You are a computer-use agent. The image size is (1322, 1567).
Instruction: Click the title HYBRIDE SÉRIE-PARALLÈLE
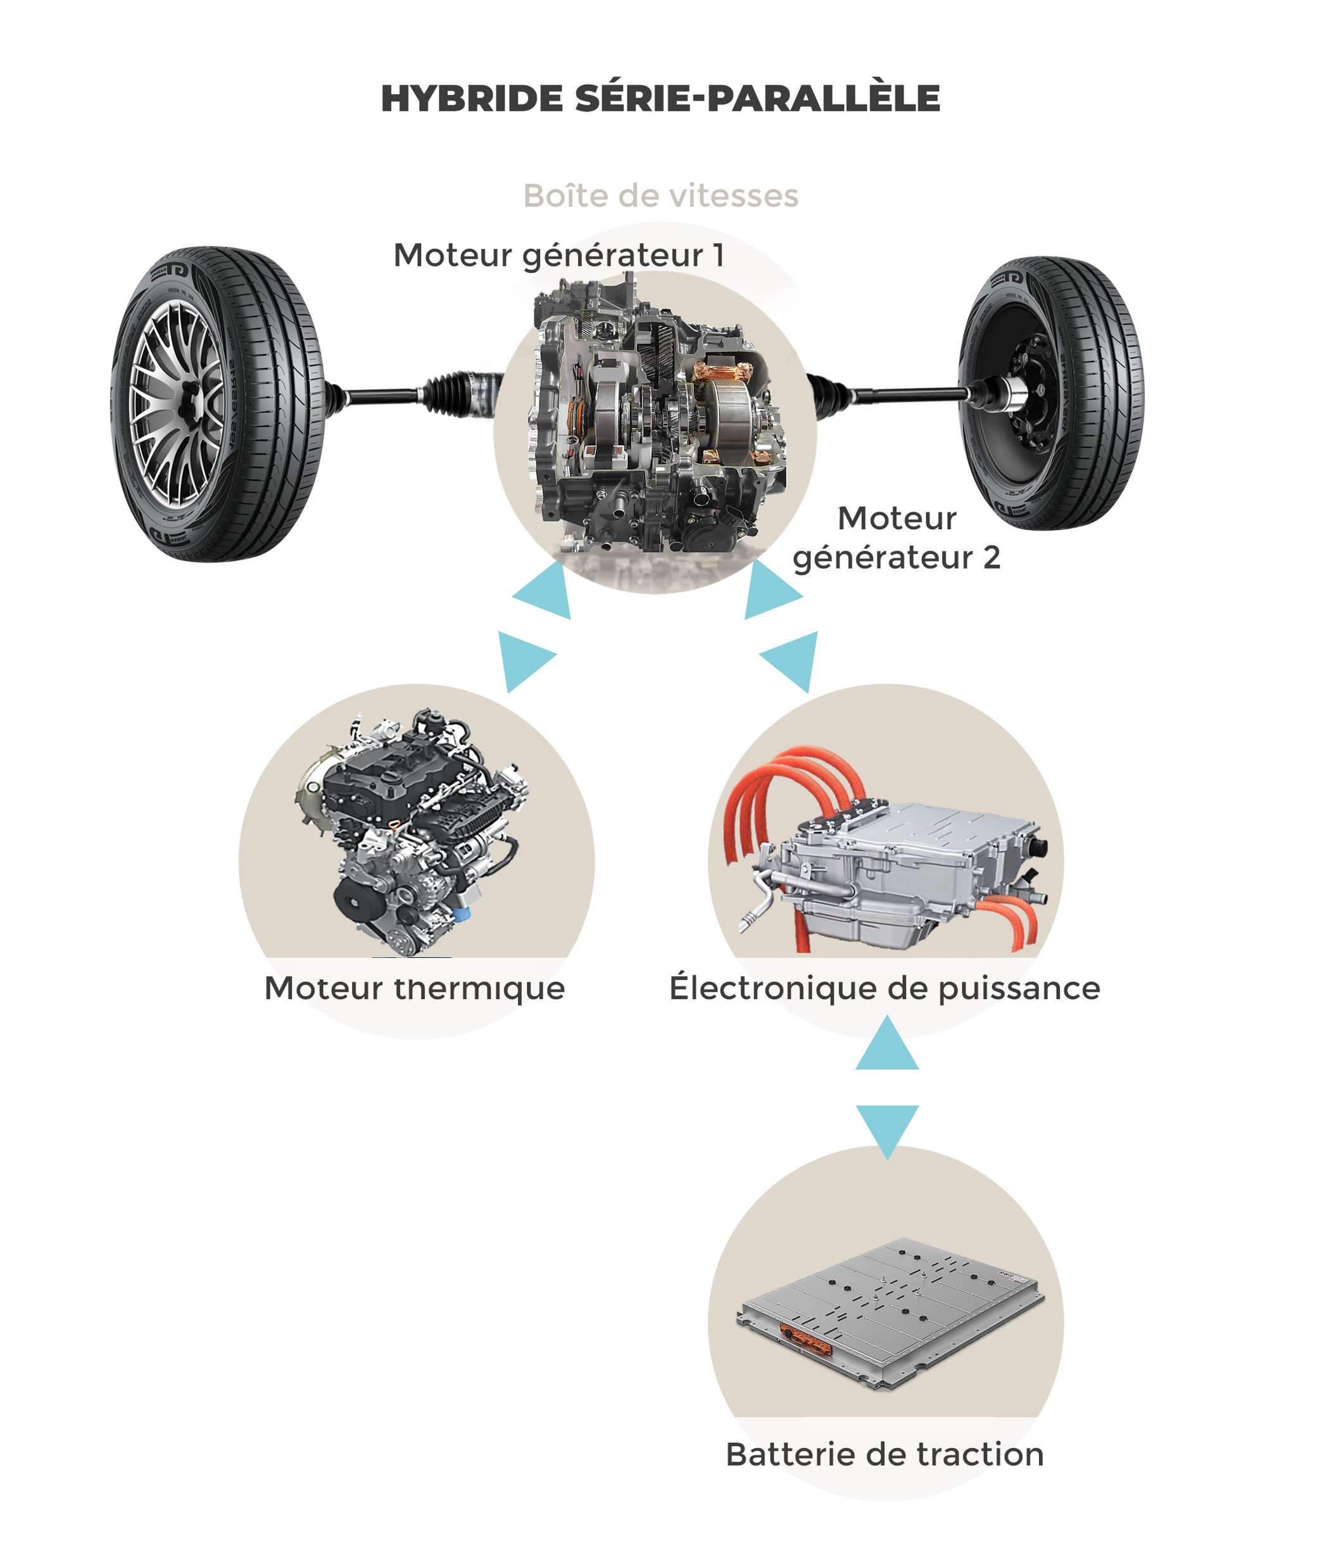click(x=660, y=98)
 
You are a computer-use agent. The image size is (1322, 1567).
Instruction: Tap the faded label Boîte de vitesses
click(x=660, y=196)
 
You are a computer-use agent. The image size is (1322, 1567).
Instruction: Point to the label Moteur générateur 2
click(x=897, y=538)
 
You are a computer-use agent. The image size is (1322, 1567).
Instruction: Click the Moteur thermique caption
click(x=415, y=988)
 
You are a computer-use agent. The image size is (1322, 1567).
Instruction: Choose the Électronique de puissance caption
click(x=885, y=987)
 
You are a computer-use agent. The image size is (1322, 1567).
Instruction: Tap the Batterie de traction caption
click(x=885, y=1454)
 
